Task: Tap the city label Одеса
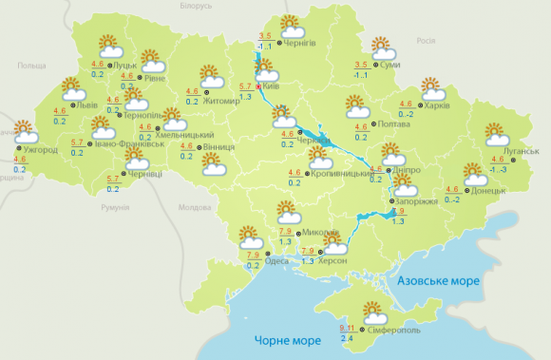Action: (x=278, y=261)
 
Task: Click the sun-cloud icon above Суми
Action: (x=382, y=47)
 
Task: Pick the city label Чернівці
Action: (x=144, y=172)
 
